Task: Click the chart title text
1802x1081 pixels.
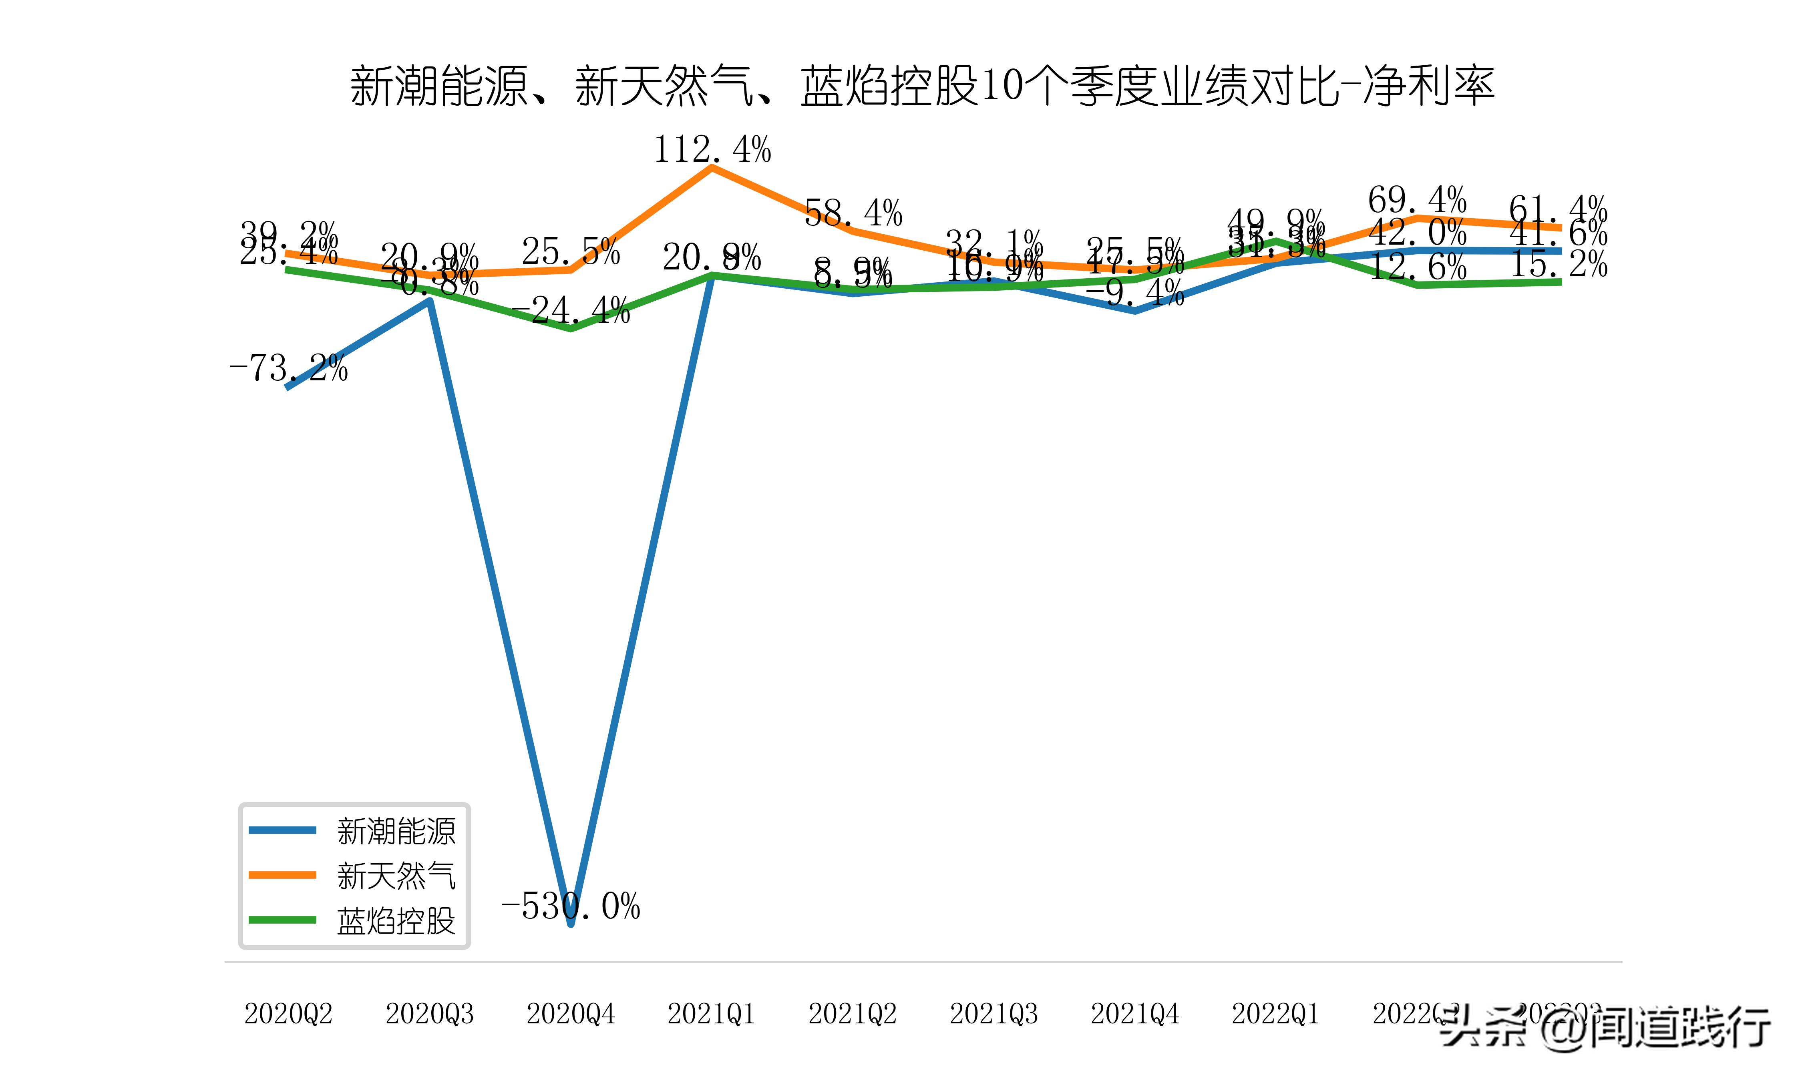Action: pyautogui.click(x=922, y=86)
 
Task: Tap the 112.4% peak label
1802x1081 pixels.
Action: pyautogui.click(x=712, y=150)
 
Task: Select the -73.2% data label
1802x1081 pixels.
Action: pyautogui.click(x=288, y=368)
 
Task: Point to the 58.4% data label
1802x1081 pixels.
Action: pyautogui.click(x=853, y=213)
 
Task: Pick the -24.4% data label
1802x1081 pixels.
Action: pyautogui.click(x=570, y=310)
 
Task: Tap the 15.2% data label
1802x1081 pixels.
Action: pyautogui.click(x=1558, y=264)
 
